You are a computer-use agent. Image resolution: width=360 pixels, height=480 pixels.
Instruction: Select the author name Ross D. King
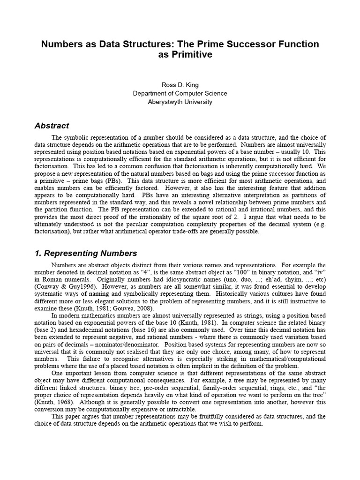click(180, 85)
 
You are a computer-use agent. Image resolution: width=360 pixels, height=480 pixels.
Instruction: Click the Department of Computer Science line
click(180, 93)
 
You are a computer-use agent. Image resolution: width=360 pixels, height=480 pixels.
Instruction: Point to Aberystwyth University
click(180, 102)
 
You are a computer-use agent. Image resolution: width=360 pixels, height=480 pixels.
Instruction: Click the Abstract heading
click(52, 126)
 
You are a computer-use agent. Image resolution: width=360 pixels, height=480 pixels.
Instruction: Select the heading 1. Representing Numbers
click(86, 253)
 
